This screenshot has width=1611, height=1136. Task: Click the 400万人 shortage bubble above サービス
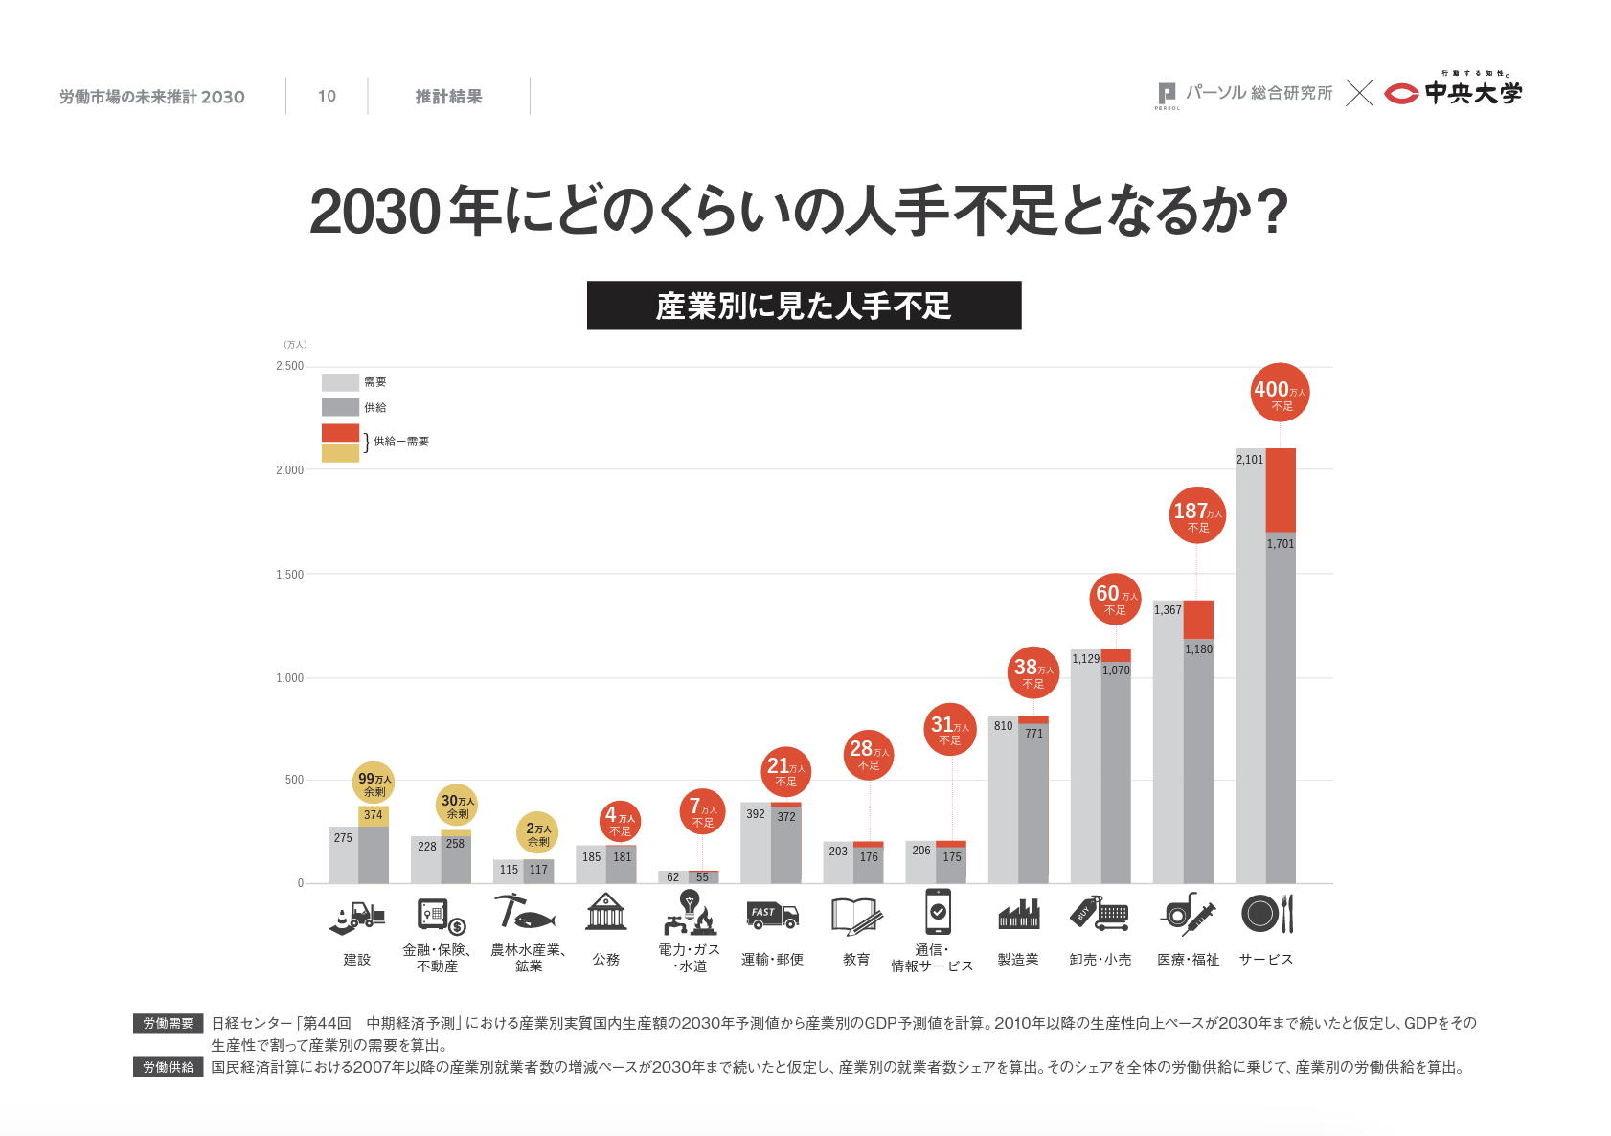click(1280, 392)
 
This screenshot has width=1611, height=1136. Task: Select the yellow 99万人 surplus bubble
click(374, 782)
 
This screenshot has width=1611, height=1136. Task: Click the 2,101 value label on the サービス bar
click(1249, 460)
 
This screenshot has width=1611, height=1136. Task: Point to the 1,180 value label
click(1198, 649)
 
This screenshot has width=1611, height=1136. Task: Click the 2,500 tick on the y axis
click(290, 366)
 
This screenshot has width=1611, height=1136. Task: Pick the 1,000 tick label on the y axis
click(290, 678)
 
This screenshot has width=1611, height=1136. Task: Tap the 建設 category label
click(357, 960)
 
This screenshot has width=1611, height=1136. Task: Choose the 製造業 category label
click(1017, 960)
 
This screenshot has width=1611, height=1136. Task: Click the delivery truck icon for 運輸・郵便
click(772, 915)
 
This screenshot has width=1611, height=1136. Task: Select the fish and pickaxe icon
click(523, 912)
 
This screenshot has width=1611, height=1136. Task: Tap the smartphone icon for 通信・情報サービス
click(938, 911)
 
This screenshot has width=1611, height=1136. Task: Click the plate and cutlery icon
click(1267, 914)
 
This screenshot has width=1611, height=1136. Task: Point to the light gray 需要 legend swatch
click(340, 382)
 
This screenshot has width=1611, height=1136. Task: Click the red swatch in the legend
click(340, 433)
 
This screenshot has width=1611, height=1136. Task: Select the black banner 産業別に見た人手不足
click(804, 306)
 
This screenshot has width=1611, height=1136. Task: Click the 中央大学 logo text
click(1472, 93)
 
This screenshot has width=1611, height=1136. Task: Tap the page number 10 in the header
click(327, 97)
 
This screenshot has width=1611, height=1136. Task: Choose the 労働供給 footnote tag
click(169, 1067)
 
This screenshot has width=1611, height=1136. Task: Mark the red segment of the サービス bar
click(1281, 489)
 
